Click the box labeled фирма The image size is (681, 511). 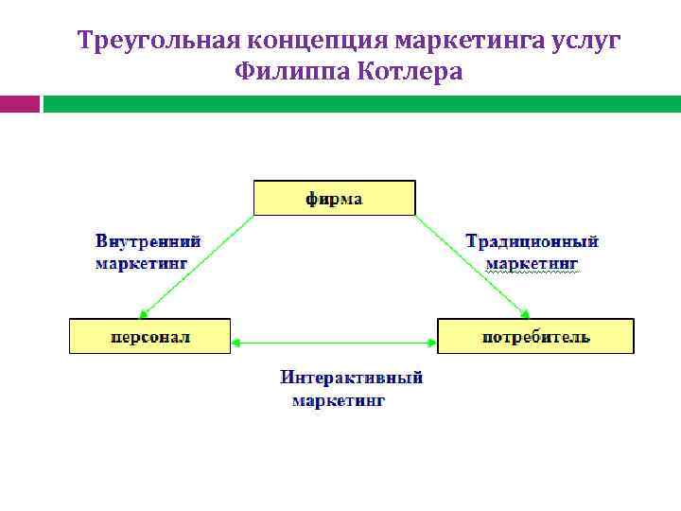tap(334, 199)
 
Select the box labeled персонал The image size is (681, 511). tap(149, 336)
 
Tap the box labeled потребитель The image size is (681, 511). tap(535, 336)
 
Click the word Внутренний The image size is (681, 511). tap(148, 241)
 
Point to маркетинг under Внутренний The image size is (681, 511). tap(141, 262)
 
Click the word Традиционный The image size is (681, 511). tap(533, 241)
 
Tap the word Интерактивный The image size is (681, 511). tap(351, 379)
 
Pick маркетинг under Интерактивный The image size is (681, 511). tap(338, 400)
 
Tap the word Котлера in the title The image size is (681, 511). tap(410, 72)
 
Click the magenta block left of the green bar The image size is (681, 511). tap(19, 104)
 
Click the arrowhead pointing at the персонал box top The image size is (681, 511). tap(142, 314)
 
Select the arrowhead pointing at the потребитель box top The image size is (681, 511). tap(526, 313)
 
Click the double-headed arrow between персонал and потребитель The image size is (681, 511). tap(334, 343)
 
